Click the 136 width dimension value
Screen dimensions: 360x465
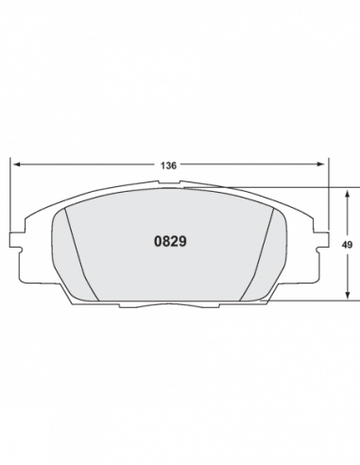(x=168, y=165)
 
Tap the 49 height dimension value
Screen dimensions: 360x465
(x=347, y=245)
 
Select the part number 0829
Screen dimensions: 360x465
(x=170, y=241)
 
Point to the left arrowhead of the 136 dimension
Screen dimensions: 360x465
(x=17, y=164)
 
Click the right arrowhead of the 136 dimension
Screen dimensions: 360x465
(x=320, y=164)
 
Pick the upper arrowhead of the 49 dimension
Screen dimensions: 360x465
(x=347, y=194)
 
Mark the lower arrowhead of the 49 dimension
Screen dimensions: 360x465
(x=347, y=295)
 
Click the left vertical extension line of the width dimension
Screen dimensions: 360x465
(x=10, y=195)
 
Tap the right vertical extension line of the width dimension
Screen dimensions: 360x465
(x=328, y=194)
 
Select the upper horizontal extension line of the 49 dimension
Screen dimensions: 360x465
(x=271, y=187)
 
